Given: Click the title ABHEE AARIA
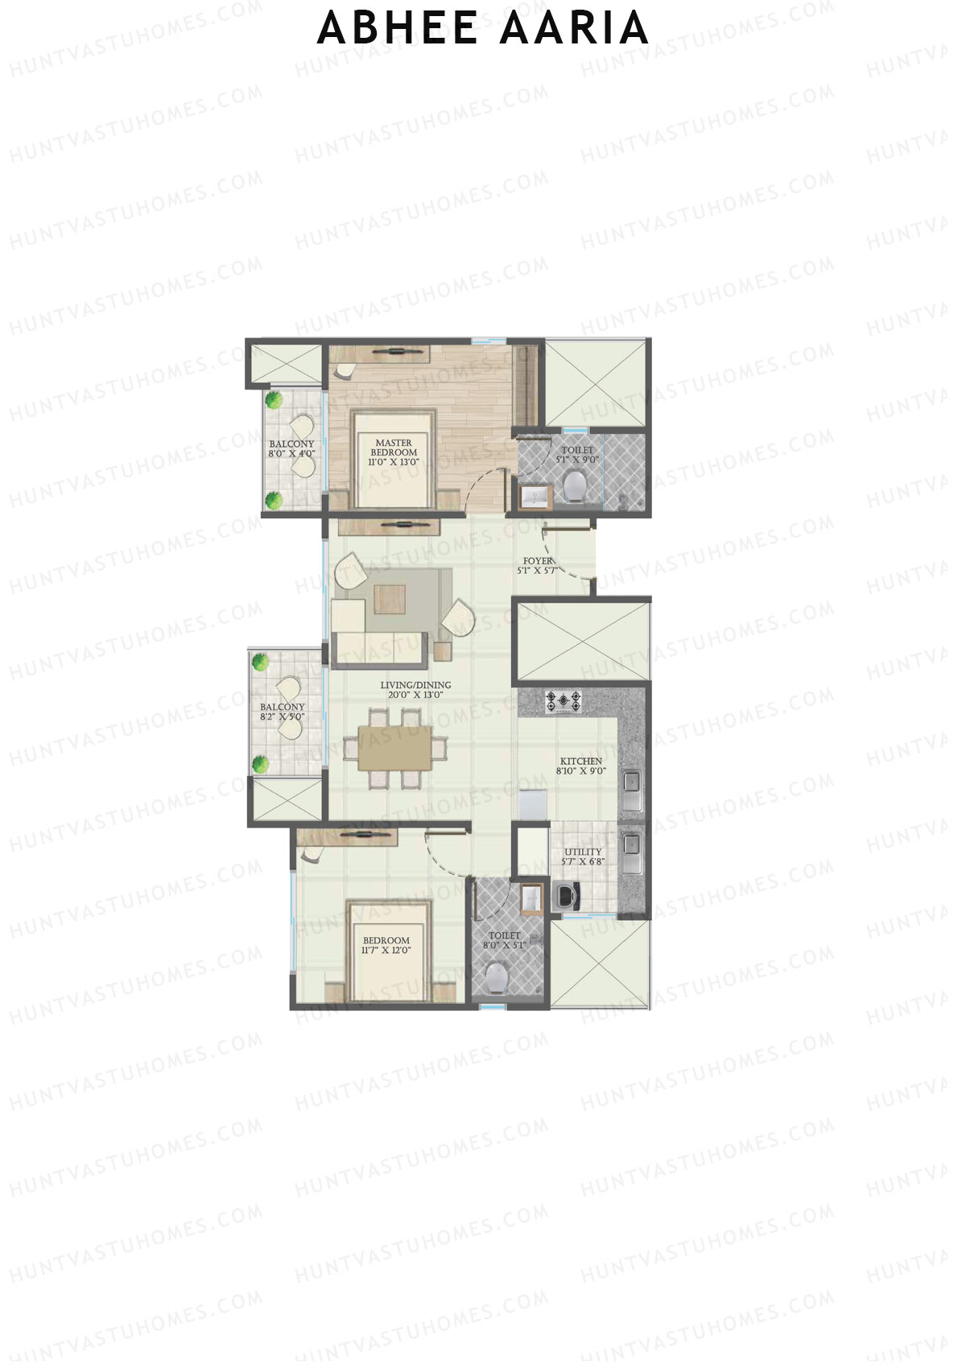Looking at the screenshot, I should [x=483, y=28].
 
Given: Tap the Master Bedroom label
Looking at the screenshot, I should [x=393, y=452].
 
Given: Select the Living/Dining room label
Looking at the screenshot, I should [x=415, y=690].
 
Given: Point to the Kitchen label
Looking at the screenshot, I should [x=580, y=766].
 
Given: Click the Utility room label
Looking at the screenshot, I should [x=583, y=856].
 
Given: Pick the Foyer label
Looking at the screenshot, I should [x=538, y=565].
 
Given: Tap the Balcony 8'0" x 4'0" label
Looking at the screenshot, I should [x=291, y=448].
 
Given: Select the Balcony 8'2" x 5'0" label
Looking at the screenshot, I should [x=282, y=712].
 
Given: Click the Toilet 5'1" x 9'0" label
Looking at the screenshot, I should [x=577, y=455].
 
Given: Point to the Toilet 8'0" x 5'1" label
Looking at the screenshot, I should [x=504, y=940].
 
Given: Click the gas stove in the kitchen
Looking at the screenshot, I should [x=563, y=702].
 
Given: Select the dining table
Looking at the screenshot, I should [x=394, y=748].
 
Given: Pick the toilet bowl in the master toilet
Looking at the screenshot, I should [x=574, y=485].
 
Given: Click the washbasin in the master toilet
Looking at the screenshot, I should [x=535, y=497].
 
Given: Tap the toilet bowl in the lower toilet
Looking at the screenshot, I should [x=497, y=977].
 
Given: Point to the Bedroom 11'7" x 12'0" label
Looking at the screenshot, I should [x=386, y=945].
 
